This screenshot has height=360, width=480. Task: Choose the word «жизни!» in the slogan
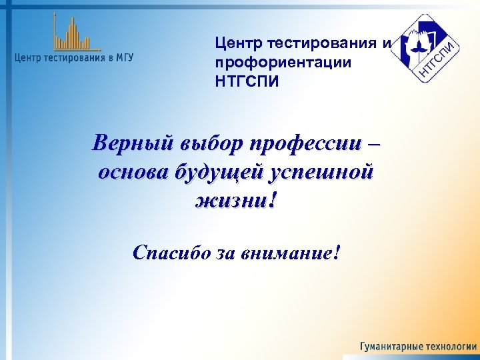234,201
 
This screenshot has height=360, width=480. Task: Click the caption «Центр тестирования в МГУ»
74,58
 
